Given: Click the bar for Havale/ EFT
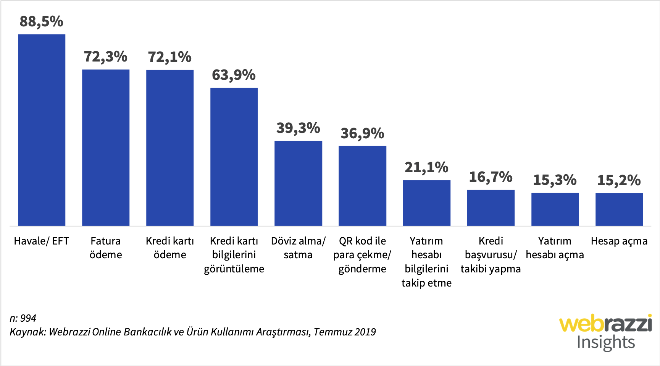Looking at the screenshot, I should coord(42,130).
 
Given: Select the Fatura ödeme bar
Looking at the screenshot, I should coord(106,147).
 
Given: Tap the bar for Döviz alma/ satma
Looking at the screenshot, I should coord(298,183).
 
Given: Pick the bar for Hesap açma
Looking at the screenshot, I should coord(619,209).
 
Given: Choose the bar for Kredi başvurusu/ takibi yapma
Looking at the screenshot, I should coord(491,208).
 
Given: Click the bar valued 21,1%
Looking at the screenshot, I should coord(426,203).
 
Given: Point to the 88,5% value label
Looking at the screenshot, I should coord(42,21).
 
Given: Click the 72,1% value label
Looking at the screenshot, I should coord(170,57).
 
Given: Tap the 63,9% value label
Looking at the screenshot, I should coord(234,75).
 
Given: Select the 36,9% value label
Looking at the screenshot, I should coord(362,133).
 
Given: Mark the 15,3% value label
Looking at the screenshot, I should coord(555,180).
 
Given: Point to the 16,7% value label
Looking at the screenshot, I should coord(491,177).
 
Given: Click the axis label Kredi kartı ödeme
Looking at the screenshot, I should coord(170,248).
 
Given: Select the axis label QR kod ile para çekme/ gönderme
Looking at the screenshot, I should coord(362,255).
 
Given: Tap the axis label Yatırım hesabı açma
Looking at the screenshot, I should coord(555,248).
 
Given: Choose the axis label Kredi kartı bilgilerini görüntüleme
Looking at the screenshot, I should coord(234,255).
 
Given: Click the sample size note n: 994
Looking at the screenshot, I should coord(23,318).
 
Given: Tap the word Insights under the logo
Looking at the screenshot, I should coord(605,342).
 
